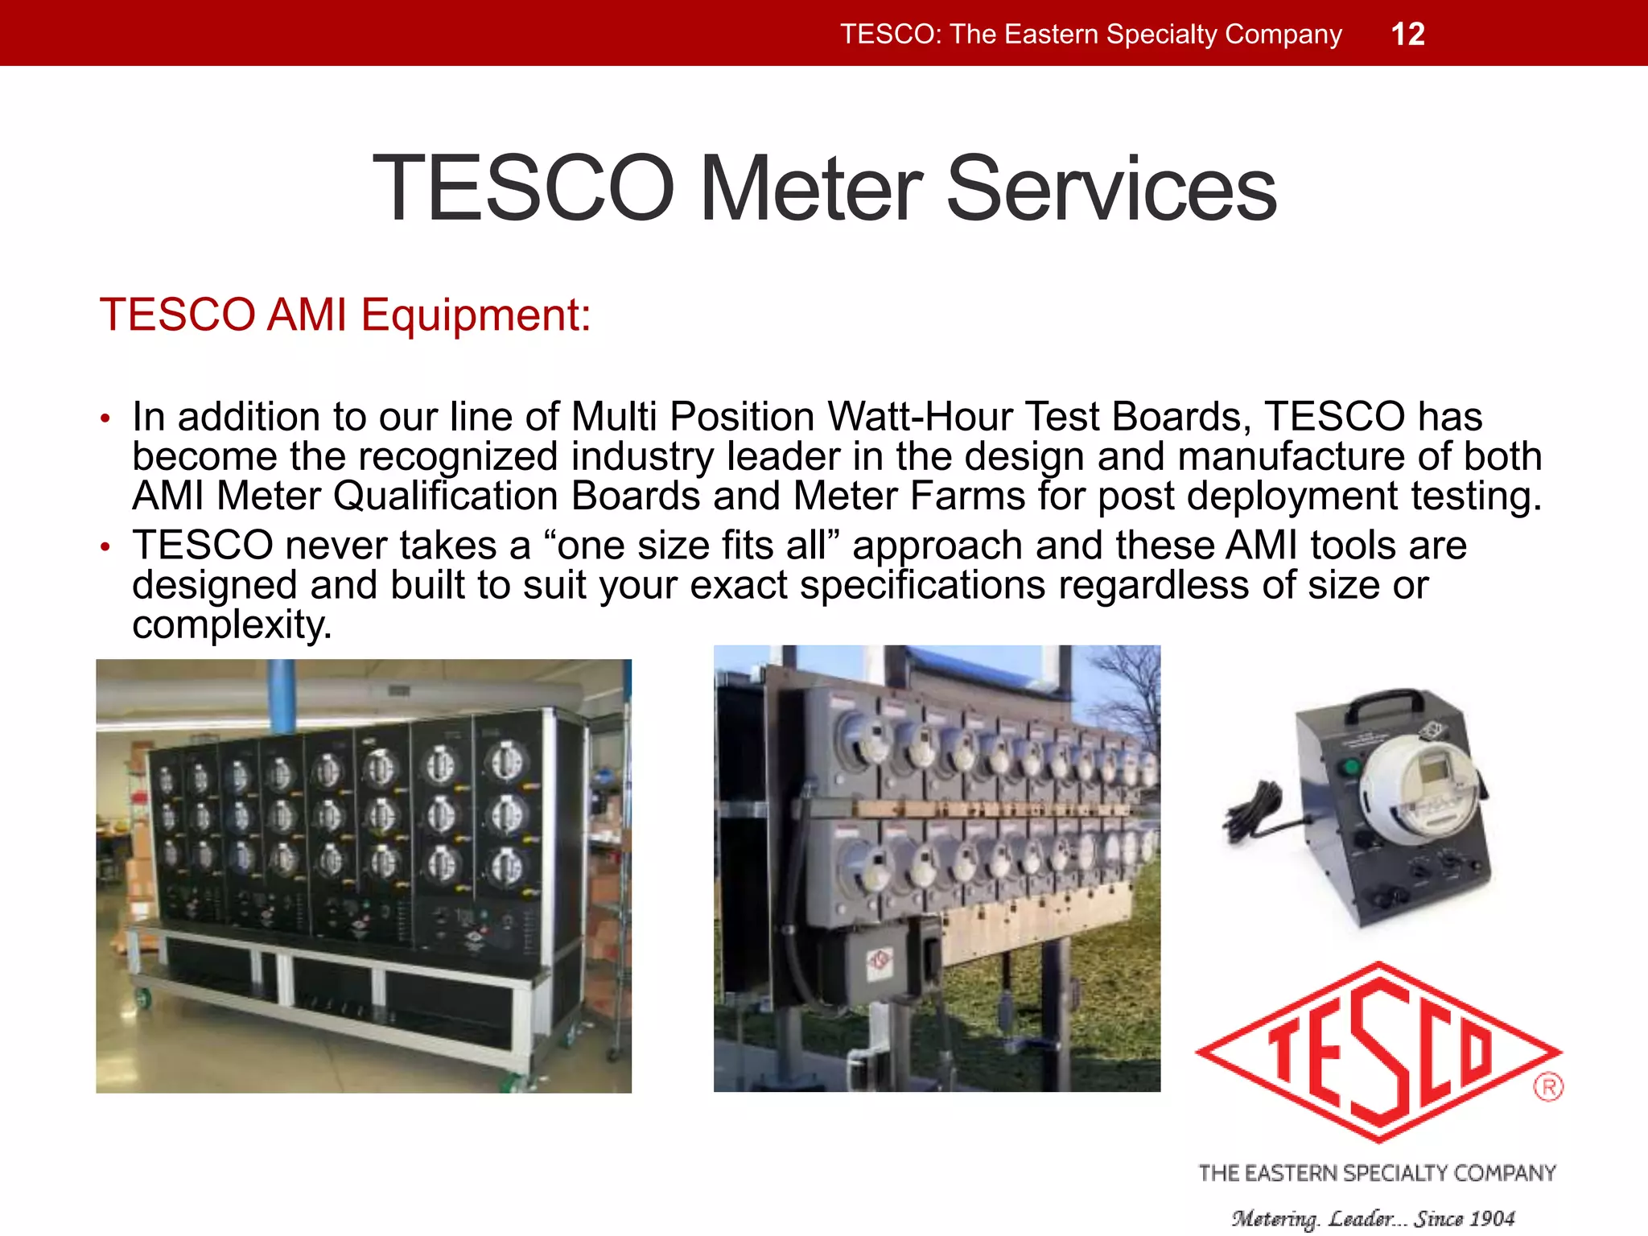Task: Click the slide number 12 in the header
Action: tap(1407, 35)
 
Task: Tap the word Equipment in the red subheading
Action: tap(476, 315)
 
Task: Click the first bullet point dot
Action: tap(105, 418)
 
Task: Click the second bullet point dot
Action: tap(105, 547)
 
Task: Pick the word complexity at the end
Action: tap(232, 624)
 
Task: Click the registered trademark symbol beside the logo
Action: tap(1547, 1088)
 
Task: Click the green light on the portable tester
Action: tap(1352, 766)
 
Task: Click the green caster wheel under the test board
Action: tap(143, 999)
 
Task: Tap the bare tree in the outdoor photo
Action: tap(1127, 692)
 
